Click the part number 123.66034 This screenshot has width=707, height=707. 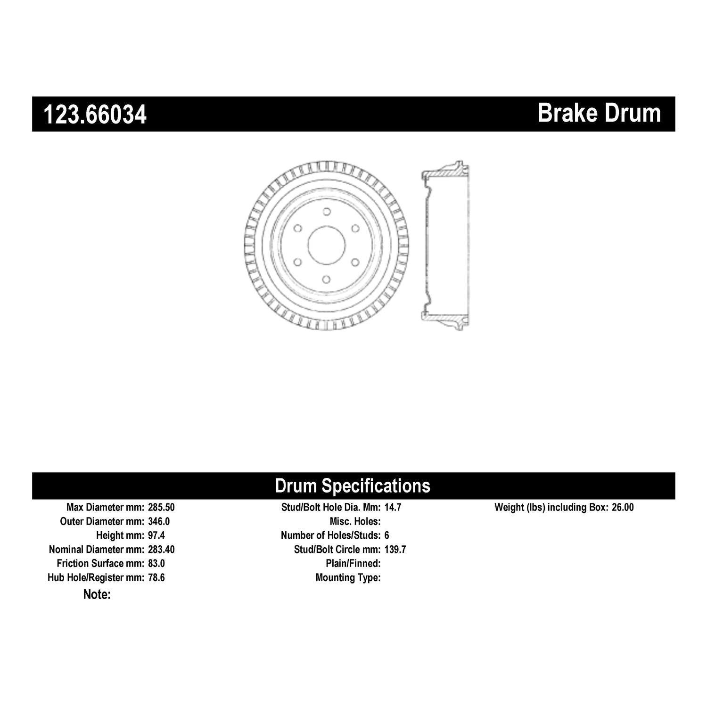[x=95, y=115]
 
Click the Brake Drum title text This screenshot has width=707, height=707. [x=599, y=113]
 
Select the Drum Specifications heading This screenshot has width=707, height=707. [x=353, y=485]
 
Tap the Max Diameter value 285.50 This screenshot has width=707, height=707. [x=161, y=508]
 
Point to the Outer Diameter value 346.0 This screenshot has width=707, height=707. [x=159, y=522]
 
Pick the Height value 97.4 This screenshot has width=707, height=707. [x=156, y=535]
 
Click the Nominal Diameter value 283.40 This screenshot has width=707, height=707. [x=161, y=550]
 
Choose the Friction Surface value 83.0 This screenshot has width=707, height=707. [x=156, y=564]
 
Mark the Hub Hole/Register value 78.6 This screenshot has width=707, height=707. [x=156, y=577]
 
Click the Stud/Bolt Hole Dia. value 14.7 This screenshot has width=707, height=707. [x=393, y=508]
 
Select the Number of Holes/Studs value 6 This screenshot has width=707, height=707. [x=387, y=535]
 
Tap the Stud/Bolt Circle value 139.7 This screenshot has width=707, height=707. [x=395, y=550]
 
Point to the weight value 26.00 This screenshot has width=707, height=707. [x=623, y=508]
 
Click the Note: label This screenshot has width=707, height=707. [x=97, y=594]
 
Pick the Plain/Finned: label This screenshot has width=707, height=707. [x=353, y=564]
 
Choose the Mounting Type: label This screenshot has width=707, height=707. [x=348, y=577]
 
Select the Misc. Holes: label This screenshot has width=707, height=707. [x=355, y=522]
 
